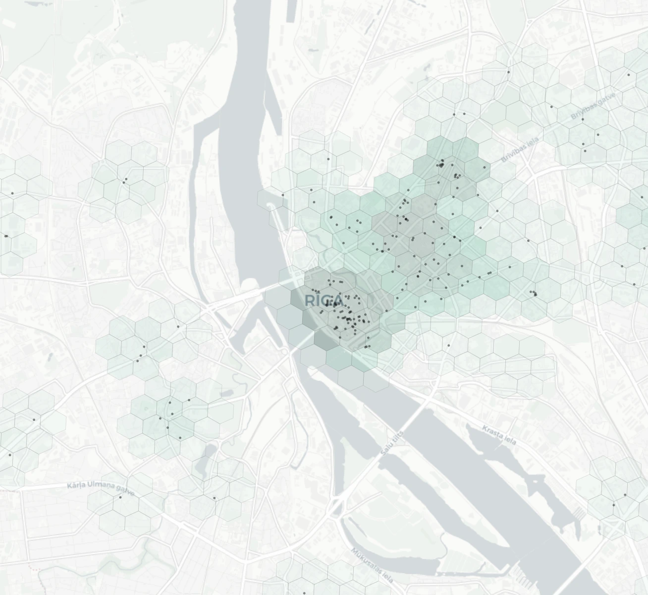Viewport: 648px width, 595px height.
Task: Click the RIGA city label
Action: coord(324,300)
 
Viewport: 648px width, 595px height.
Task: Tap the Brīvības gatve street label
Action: coord(593,106)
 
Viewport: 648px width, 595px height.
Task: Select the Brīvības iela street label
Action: coord(519,150)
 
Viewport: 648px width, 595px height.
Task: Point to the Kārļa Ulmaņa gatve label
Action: coord(101,488)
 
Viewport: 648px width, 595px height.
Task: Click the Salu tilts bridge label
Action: coord(392,444)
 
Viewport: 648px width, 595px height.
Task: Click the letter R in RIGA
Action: coord(309,300)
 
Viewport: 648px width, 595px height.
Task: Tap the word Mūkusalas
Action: coord(366,559)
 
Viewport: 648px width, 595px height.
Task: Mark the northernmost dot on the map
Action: coord(508,72)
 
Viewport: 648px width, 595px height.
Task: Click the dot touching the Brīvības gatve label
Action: coord(583,119)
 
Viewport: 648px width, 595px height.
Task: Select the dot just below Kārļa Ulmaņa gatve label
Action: coord(120,497)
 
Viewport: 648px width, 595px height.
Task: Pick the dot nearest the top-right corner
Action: coord(629,75)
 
